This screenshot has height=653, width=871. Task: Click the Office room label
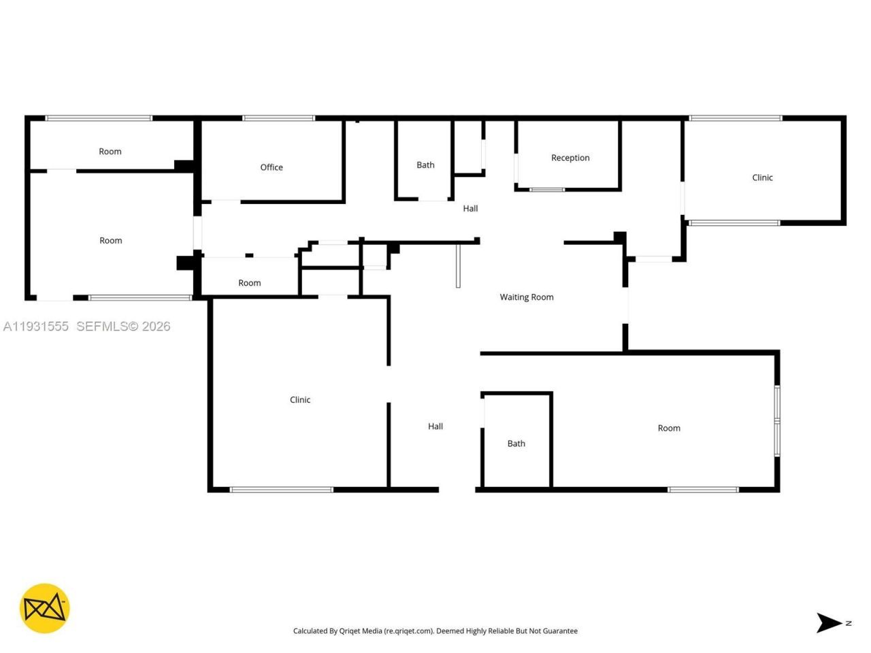point(272,167)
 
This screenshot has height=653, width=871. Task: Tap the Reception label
point(570,158)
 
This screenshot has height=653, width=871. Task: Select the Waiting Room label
point(527,297)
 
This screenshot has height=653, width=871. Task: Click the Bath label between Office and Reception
point(425,165)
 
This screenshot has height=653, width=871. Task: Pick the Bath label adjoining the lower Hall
point(516,443)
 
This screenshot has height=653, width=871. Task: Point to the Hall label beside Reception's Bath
point(470,209)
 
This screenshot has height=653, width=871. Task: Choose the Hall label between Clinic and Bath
point(435,426)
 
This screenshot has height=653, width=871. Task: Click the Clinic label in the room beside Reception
point(762,178)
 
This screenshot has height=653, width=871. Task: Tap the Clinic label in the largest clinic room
point(300,400)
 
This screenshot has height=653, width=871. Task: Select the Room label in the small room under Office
point(250,283)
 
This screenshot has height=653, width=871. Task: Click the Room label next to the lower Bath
point(669,429)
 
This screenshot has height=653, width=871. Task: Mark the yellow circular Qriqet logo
point(44,608)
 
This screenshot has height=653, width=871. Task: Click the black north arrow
point(829,622)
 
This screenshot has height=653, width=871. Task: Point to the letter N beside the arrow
point(849,622)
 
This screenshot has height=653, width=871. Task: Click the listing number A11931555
point(36,326)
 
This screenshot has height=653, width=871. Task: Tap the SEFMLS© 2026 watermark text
point(123,326)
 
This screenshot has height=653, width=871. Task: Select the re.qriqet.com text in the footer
point(408,631)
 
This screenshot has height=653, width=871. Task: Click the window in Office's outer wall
point(279,118)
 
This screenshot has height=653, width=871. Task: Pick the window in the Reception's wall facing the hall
point(547,189)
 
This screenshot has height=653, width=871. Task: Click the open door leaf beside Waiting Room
point(458,265)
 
